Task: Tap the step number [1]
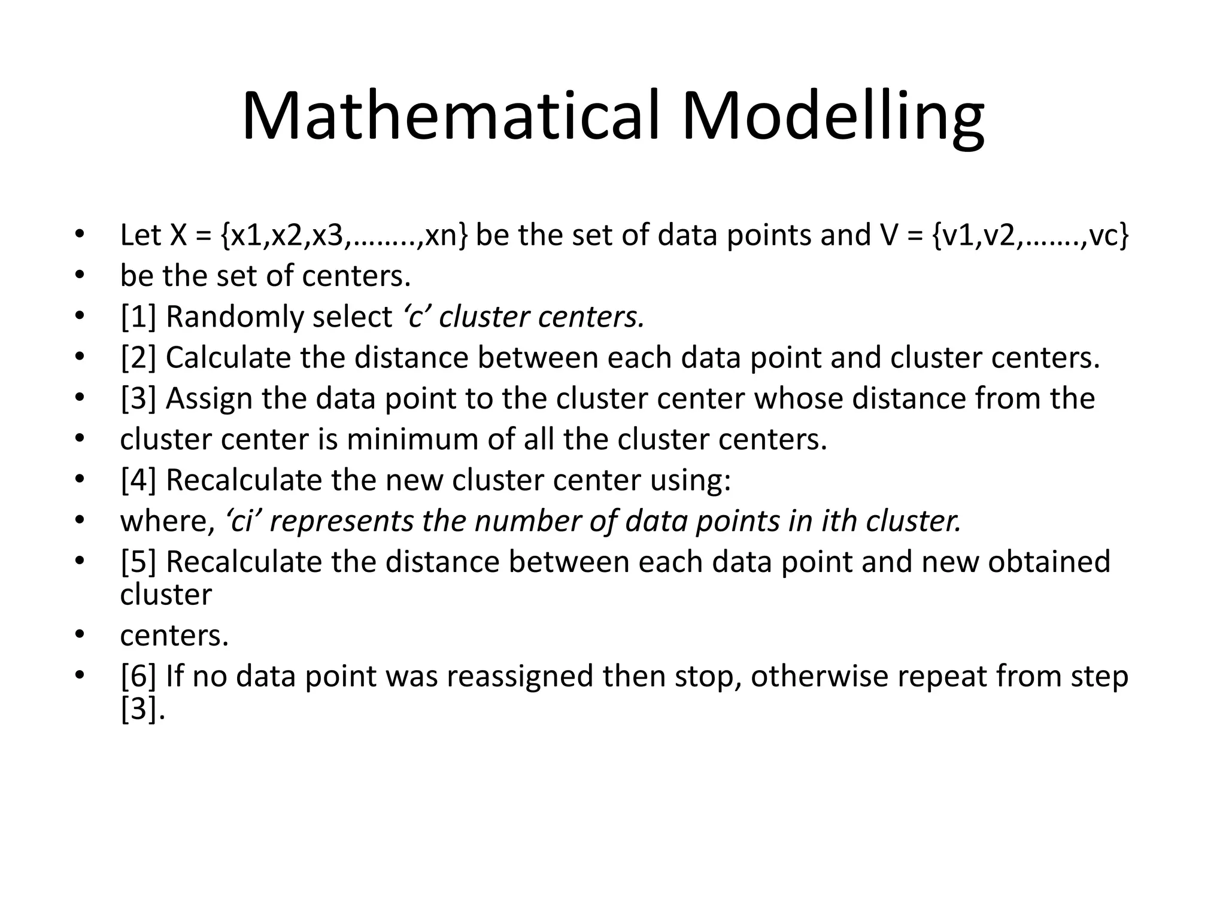pyautogui.click(x=138, y=317)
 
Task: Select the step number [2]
pyautogui.click(x=138, y=358)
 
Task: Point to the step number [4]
pyautogui.click(x=138, y=480)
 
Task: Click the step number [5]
pyautogui.click(x=138, y=562)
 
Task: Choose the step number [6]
pyautogui.click(x=138, y=676)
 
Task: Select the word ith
pyautogui.click(x=836, y=521)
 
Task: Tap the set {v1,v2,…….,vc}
pyautogui.click(x=1030, y=235)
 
